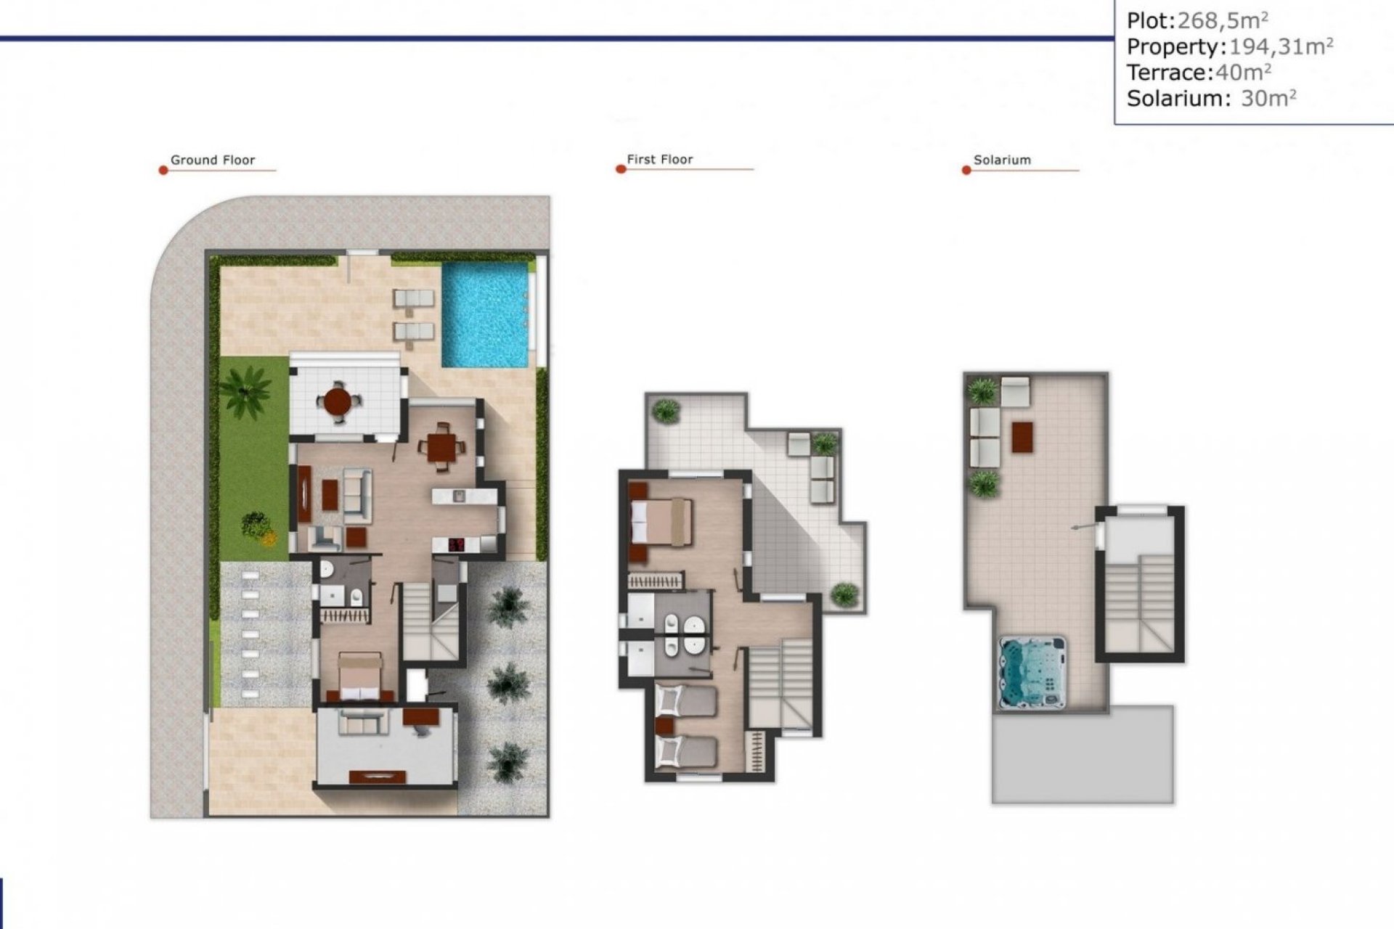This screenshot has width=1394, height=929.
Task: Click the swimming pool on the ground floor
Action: click(x=485, y=314)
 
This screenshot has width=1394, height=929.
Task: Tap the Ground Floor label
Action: click(x=212, y=160)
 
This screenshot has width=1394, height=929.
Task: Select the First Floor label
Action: click(x=659, y=160)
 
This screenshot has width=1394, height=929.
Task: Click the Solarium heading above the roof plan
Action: click(x=1001, y=160)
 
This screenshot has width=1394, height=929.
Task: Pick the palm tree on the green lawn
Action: click(x=245, y=390)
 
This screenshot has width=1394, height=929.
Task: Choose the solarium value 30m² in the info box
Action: click(x=1268, y=98)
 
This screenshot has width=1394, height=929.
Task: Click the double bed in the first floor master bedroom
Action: click(x=661, y=521)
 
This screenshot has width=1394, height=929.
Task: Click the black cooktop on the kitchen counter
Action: click(x=457, y=544)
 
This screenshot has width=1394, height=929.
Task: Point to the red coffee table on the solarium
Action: click(x=1022, y=436)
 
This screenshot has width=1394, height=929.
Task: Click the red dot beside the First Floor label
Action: click(x=621, y=169)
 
